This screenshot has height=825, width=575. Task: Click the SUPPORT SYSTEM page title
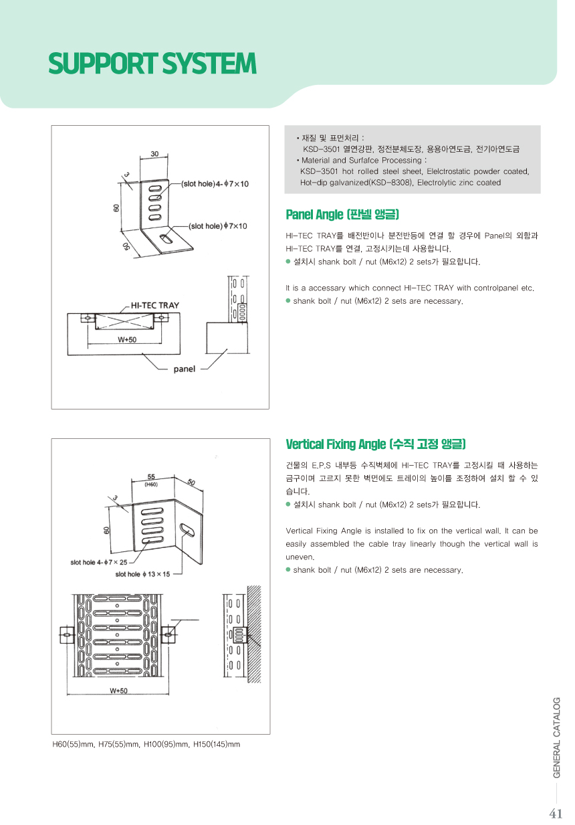[152, 64]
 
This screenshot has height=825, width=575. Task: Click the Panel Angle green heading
[342, 214]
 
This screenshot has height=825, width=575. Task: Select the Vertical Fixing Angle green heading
[376, 444]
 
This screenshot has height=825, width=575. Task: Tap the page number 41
[556, 814]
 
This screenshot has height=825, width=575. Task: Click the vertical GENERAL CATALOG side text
[557, 737]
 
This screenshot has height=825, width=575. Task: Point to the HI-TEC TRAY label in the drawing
[154, 305]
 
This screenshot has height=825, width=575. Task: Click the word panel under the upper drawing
[185, 369]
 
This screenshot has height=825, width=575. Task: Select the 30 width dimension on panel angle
[154, 154]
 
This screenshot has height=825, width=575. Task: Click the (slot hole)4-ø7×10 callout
[215, 183]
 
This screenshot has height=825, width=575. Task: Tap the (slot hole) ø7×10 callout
[218, 226]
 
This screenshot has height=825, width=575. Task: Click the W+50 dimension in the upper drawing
[127, 339]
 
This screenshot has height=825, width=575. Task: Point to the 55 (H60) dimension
[152, 480]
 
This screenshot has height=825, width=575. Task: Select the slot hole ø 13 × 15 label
[142, 574]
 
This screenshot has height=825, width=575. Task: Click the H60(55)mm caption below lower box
[146, 744]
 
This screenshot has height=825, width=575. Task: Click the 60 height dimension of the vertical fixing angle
[106, 529]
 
